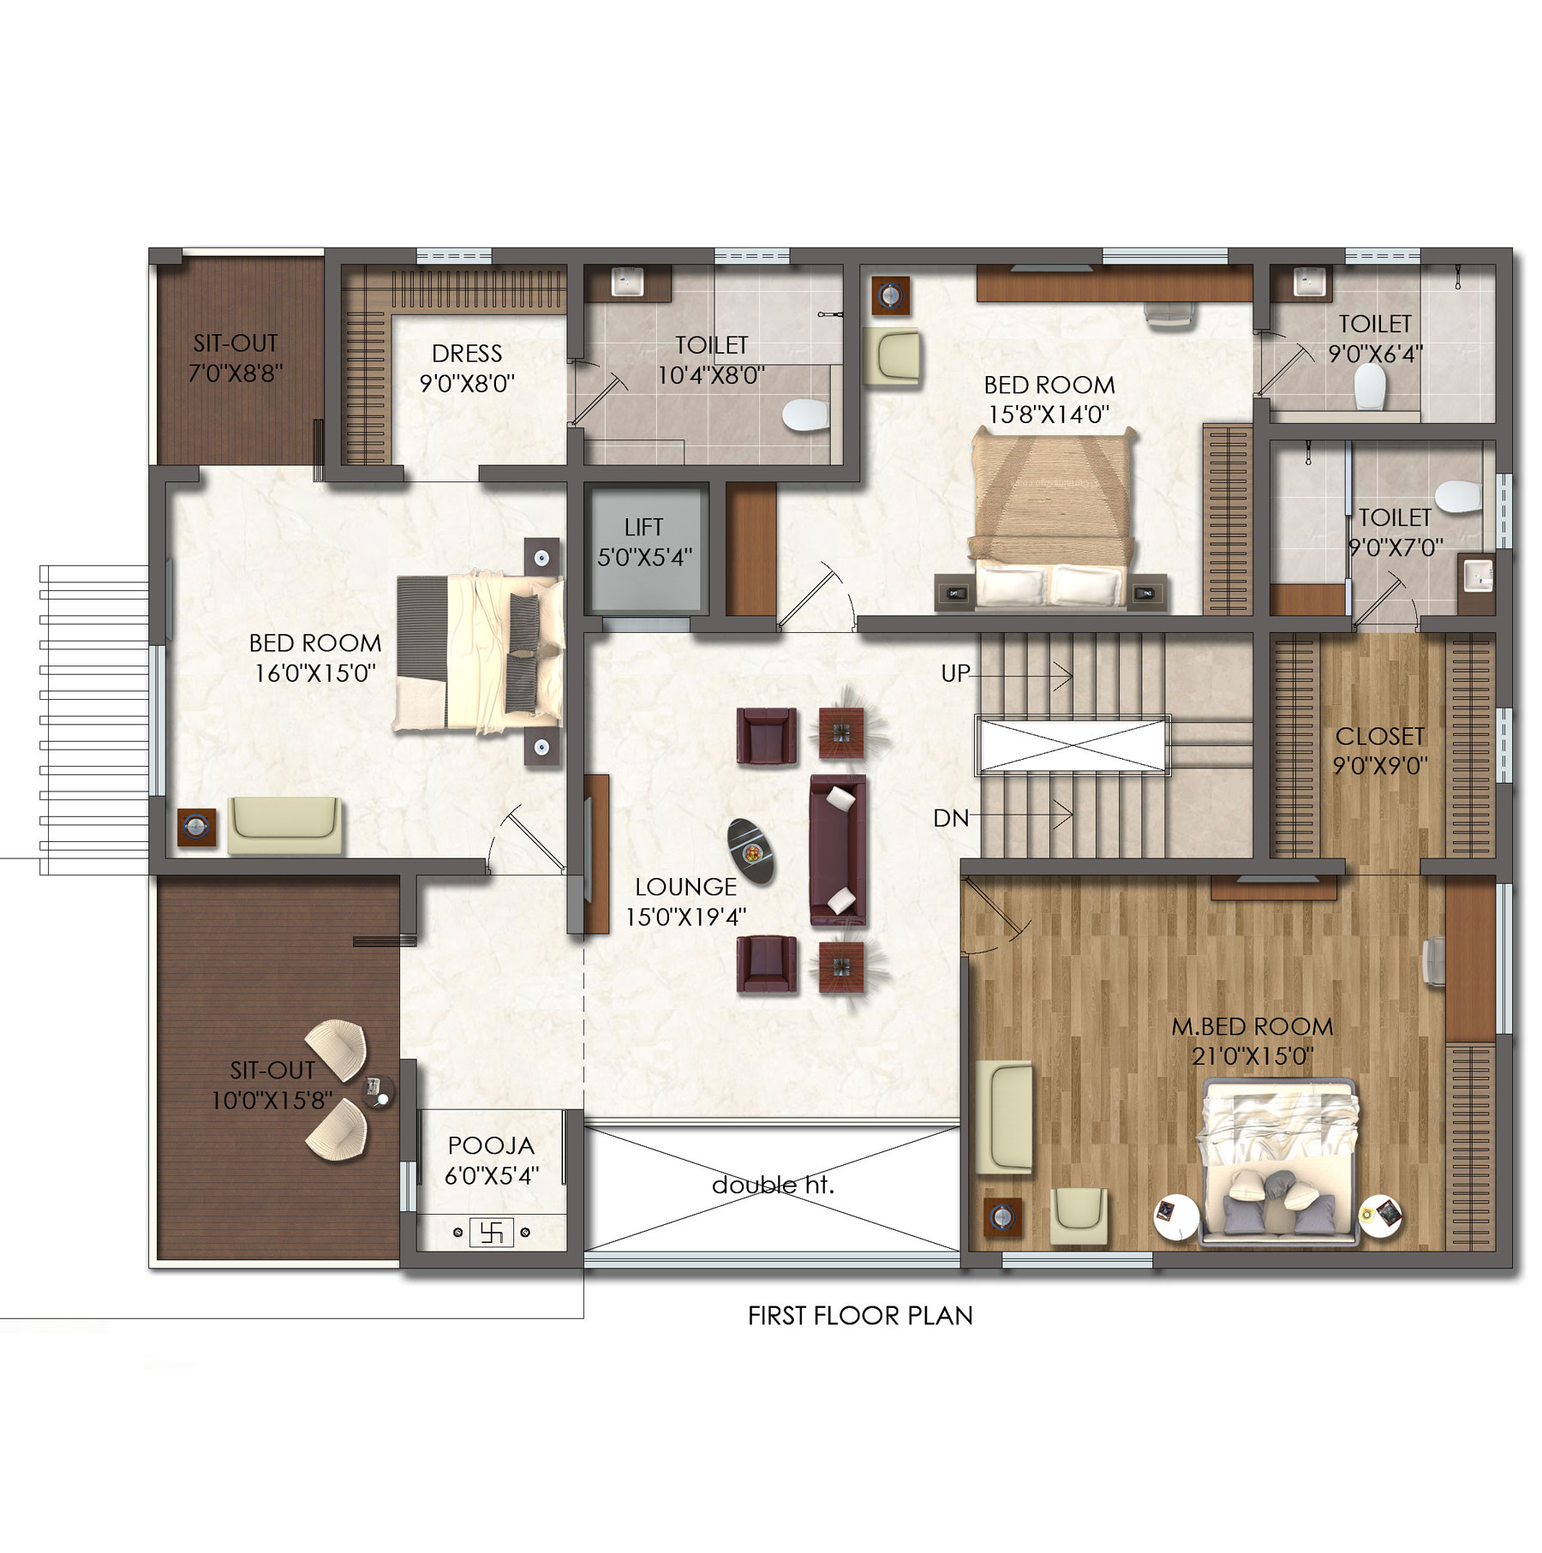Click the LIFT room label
pos(643,527)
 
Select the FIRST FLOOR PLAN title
pos(860,1315)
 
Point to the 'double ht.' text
pos(773,1185)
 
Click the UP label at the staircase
pos(955,673)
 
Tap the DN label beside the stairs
pos(951,818)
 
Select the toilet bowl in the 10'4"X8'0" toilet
pos(805,415)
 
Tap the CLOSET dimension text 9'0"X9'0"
pos(1380,765)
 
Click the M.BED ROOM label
pos(1252,1026)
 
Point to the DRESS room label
pos(467,353)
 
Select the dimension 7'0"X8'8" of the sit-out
pos(236,373)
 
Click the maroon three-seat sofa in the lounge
pos(838,851)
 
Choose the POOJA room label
pos(491,1145)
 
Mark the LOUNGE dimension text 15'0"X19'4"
pos(685,917)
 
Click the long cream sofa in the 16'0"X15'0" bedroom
pos(284,825)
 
